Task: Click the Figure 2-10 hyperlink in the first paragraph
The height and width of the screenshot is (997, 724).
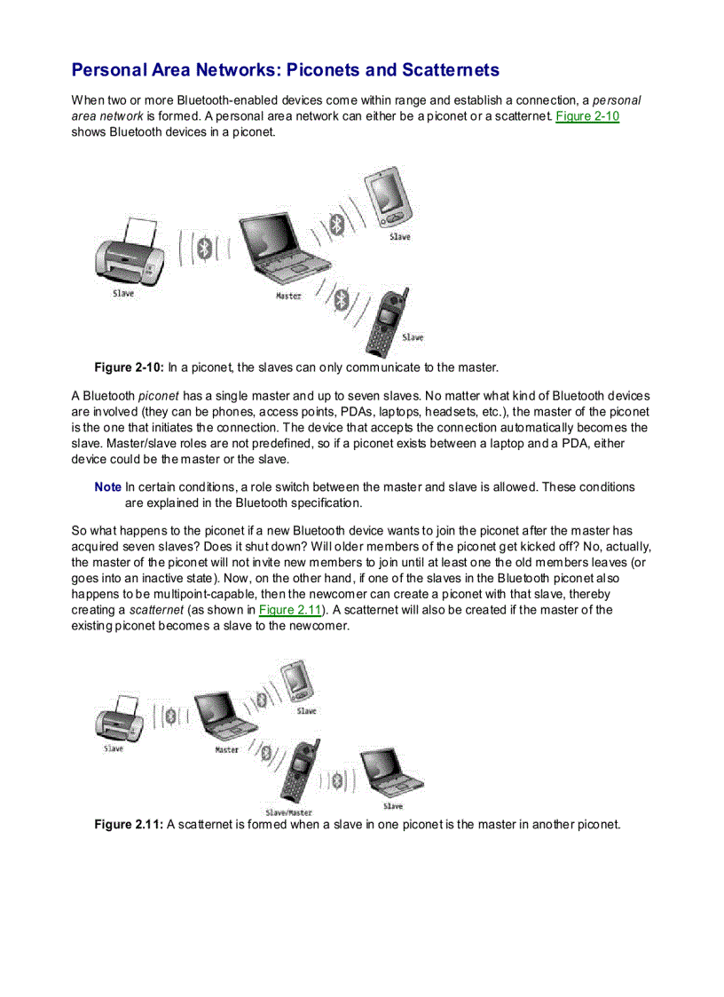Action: point(586,116)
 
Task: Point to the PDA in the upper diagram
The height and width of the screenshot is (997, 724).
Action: point(390,200)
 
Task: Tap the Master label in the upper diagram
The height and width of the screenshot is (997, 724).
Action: point(288,296)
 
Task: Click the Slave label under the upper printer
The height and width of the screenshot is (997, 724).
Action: point(123,293)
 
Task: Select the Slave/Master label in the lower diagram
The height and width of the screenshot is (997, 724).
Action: point(288,811)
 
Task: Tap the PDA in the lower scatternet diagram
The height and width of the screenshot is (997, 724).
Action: point(295,682)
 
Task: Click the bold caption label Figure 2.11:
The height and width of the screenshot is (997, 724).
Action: point(128,824)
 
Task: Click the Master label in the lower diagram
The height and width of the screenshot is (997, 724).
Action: point(227,749)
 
